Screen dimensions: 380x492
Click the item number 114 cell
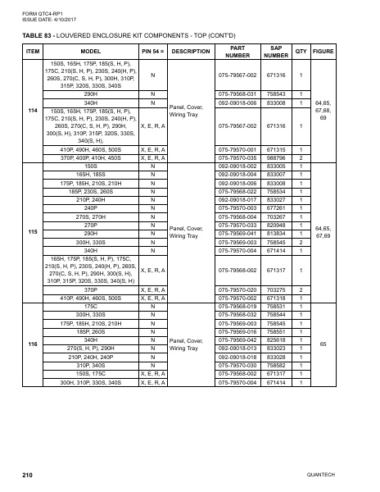click(34, 110)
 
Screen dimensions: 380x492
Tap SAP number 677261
click(277, 208)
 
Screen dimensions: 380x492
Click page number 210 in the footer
click(27, 475)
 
